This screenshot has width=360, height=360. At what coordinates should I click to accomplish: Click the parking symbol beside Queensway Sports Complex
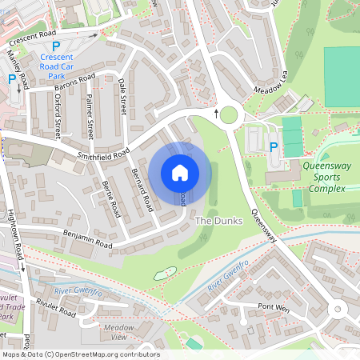click(x=274, y=147)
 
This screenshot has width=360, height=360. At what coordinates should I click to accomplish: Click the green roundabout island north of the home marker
click(x=229, y=115)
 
